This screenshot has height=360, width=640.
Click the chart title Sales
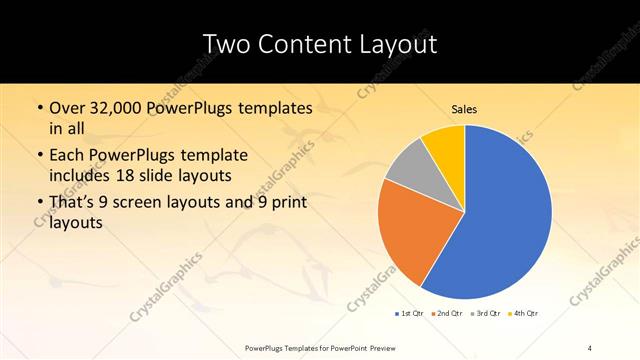click(x=465, y=108)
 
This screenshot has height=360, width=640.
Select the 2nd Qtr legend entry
click(x=447, y=313)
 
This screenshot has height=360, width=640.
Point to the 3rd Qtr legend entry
click(x=486, y=313)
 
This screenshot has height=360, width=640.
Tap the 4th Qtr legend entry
click(x=525, y=313)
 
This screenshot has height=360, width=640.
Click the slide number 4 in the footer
click(x=590, y=347)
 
